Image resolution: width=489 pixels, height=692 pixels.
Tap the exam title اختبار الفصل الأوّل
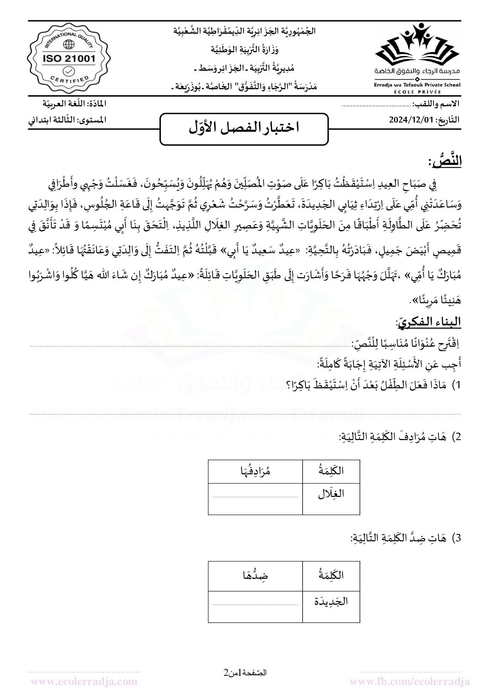pos(244,128)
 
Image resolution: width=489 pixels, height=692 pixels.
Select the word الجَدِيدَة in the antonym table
pos(330,602)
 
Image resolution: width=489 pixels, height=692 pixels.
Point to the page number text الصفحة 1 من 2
pos(245,673)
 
